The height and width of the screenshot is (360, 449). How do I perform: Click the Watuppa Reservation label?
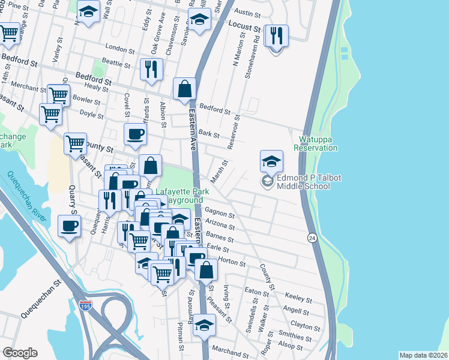click(x=315, y=143)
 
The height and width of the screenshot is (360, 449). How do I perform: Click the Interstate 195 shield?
click(x=86, y=306)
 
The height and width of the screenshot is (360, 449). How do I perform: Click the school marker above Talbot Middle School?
click(x=271, y=160)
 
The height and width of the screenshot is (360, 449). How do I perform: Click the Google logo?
click(x=19, y=353)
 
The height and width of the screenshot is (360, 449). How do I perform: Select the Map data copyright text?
click(x=423, y=355)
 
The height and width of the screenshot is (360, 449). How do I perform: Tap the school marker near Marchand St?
click(x=205, y=326)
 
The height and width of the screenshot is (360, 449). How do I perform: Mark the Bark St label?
click(x=209, y=136)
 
